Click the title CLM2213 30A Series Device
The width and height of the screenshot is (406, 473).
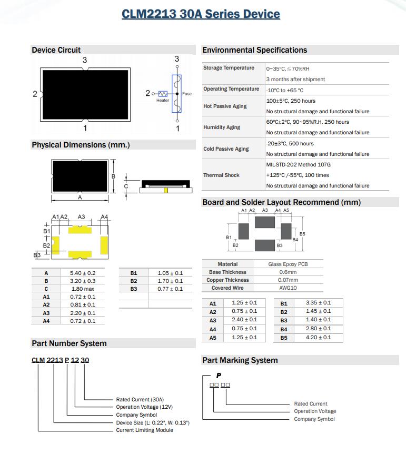coord(201,14)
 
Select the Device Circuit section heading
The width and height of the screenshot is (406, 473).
coord(56,50)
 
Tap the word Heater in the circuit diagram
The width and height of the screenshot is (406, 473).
coord(163,100)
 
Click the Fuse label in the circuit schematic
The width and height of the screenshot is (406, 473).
coord(187,94)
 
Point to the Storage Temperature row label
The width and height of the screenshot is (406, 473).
coord(229,68)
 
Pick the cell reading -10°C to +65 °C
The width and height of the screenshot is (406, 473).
coord(285,90)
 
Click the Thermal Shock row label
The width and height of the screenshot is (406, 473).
coord(221,175)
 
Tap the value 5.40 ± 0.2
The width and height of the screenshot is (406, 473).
coord(83,273)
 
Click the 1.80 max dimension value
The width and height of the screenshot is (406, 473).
coord(82,289)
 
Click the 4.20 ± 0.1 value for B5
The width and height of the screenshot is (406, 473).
coord(319,337)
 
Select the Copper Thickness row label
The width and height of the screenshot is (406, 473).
coord(227,280)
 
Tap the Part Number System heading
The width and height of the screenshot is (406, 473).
coord(69,343)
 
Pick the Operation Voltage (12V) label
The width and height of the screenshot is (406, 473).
coord(144,407)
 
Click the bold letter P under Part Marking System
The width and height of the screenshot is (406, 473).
coord(219,376)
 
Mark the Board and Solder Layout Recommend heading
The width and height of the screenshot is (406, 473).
coord(281,202)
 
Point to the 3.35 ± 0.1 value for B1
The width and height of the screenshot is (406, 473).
coord(319,303)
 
